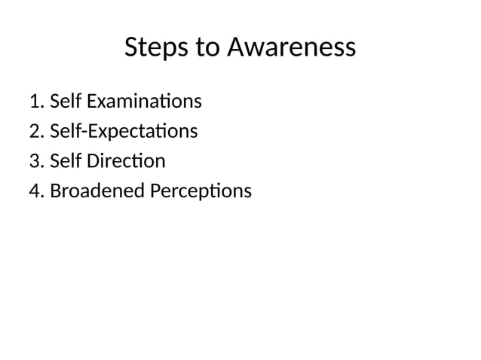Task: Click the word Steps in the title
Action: (156, 48)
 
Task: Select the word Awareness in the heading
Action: (291, 48)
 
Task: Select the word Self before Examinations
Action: (66, 101)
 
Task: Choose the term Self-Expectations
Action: (124, 131)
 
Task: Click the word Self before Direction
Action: (66, 161)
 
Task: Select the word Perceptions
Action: (201, 191)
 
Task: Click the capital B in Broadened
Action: (55, 191)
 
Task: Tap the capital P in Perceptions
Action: (155, 191)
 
